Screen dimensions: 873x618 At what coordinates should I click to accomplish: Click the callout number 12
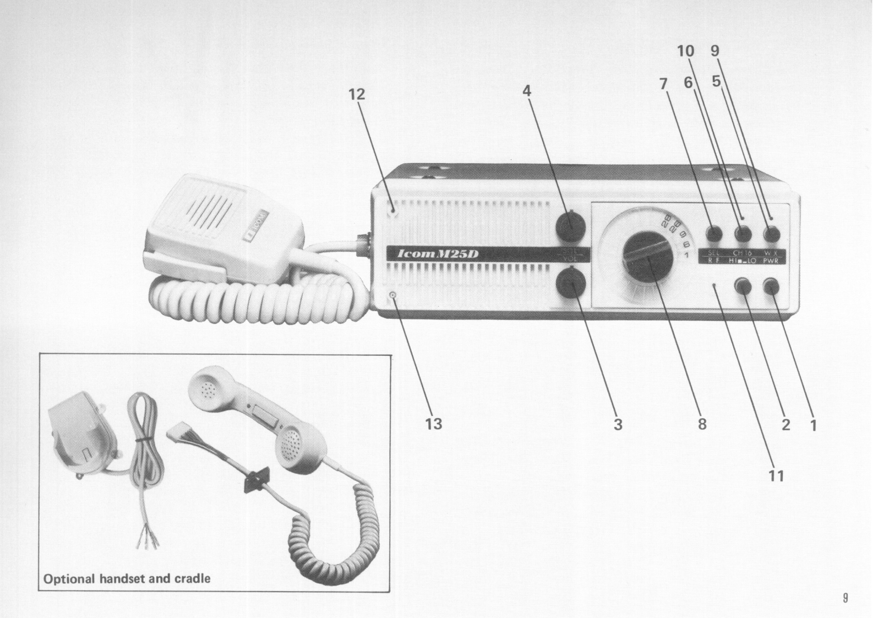coord(357,95)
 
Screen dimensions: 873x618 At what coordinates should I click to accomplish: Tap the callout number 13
coord(434,424)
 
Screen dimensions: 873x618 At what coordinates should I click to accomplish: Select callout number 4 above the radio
coord(527,91)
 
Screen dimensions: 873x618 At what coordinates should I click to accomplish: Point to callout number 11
coord(776,475)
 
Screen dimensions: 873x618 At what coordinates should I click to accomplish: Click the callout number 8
coord(702,425)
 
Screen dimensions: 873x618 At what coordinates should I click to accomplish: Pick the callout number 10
coord(686,51)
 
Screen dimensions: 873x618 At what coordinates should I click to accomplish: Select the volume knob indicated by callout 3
coord(570,284)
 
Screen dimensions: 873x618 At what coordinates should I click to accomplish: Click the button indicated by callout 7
coord(714,234)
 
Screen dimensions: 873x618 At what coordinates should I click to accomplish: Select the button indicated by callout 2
coord(744,286)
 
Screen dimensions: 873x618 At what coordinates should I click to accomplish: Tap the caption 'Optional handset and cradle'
coord(127,579)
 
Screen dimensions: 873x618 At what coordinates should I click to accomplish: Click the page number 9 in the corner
coord(845,598)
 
